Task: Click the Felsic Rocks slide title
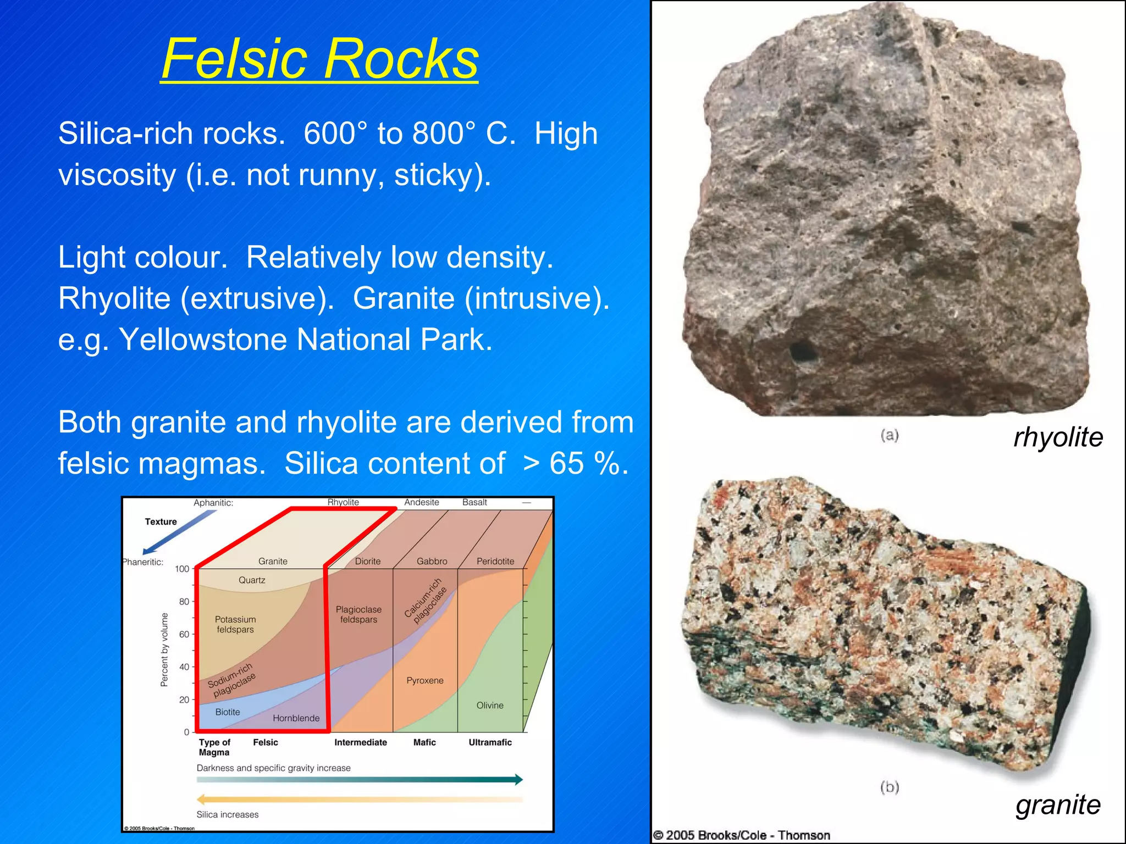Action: (319, 59)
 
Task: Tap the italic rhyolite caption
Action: (1058, 437)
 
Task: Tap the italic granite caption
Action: (1058, 804)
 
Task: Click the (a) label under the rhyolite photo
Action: (889, 435)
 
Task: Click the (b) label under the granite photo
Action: (889, 787)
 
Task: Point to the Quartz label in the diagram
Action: (252, 580)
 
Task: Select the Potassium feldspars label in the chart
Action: (235, 624)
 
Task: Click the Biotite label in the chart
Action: (228, 712)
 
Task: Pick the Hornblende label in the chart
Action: (296, 718)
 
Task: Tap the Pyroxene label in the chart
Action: (424, 680)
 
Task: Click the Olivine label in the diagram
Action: (490, 706)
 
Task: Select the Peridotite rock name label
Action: (495, 561)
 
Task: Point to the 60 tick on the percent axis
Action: (184, 634)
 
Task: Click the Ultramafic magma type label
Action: (490, 742)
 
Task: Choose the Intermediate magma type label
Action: (361, 742)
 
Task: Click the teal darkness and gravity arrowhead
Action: (517, 779)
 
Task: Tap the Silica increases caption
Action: (228, 814)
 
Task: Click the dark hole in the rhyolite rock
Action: (802, 351)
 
